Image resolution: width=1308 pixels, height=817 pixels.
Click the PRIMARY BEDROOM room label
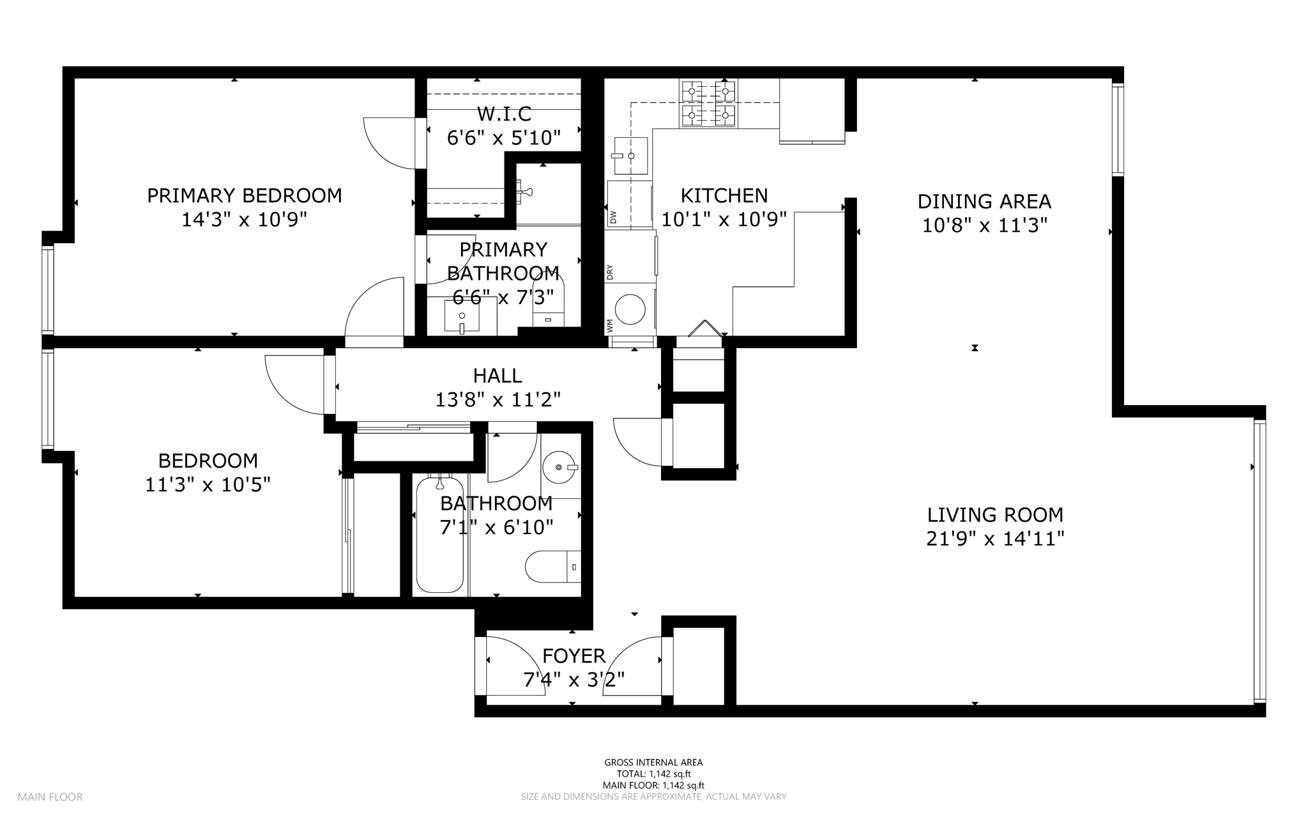(245, 195)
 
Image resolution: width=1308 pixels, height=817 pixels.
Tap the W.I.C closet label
(504, 114)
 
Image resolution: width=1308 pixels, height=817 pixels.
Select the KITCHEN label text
(724, 195)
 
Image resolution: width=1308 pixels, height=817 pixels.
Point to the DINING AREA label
(984, 202)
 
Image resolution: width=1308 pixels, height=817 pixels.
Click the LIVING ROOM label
(995, 515)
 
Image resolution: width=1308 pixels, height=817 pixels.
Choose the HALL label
(498, 376)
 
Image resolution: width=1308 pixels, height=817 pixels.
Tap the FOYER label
(574, 656)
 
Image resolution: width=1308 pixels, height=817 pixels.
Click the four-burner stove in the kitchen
(708, 103)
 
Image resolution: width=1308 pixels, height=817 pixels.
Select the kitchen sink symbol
(630, 156)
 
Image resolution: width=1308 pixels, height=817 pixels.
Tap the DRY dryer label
(610, 273)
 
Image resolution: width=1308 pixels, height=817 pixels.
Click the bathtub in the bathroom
(439, 534)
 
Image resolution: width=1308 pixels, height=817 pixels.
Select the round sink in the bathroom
(560, 467)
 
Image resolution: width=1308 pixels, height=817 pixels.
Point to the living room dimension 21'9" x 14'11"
(995, 539)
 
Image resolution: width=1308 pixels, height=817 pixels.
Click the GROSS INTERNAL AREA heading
(653, 762)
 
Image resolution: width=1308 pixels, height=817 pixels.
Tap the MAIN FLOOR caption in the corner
(50, 797)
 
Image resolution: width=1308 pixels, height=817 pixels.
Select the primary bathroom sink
(462, 317)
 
